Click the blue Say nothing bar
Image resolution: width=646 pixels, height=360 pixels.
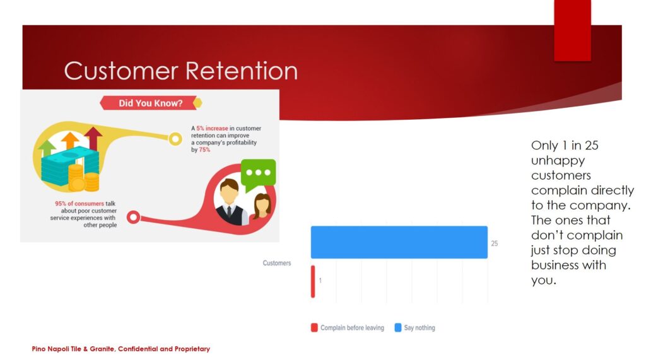point(399,242)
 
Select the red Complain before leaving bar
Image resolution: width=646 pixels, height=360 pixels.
point(313,281)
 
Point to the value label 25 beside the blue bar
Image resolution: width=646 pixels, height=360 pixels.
point(495,243)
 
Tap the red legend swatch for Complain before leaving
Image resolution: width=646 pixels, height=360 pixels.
point(314,327)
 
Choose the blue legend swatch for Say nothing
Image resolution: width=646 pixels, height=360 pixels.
point(398,327)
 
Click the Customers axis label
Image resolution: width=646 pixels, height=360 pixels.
point(277,263)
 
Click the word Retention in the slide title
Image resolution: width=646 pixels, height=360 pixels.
point(242,71)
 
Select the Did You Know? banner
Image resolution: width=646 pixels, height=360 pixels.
point(150,103)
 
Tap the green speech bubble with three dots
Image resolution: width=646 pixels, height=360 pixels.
point(258,175)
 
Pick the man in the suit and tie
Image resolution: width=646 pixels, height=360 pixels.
point(230,202)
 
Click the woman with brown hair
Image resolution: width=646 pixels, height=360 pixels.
point(262,206)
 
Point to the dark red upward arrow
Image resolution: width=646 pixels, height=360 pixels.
point(93,138)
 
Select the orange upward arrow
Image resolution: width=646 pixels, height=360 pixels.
point(70,141)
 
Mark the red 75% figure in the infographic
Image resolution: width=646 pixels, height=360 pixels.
point(205,150)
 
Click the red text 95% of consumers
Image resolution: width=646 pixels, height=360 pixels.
point(79,204)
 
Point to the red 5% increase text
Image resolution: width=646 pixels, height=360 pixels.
point(212,129)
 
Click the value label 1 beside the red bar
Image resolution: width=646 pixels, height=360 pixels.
point(320,281)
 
